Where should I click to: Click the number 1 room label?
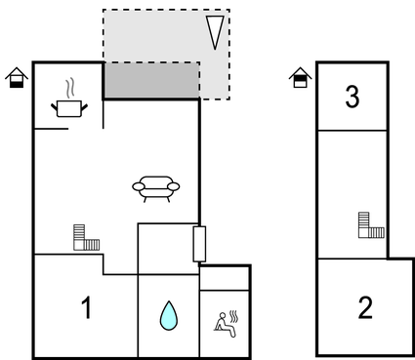pyautogui.click(x=86, y=308)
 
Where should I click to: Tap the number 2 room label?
pyautogui.click(x=365, y=308)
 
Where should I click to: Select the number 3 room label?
pyautogui.click(x=353, y=98)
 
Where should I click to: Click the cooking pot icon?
pyautogui.click(x=68, y=107)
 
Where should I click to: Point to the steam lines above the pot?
pyautogui.click(x=68, y=87)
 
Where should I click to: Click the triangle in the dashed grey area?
pyautogui.click(x=215, y=32)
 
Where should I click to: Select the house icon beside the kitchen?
pyautogui.click(x=16, y=78)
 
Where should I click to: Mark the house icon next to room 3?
pyautogui.click(x=301, y=77)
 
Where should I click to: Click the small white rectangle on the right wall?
pyautogui.click(x=199, y=243)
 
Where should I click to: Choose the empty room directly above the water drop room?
pyautogui.click(x=165, y=248)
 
